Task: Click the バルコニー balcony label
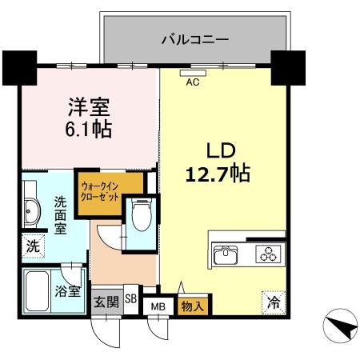195,38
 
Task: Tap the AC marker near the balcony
193,81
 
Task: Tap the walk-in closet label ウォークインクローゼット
100,193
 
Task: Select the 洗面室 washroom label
60,214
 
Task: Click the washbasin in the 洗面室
33,212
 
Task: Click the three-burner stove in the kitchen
266,254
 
